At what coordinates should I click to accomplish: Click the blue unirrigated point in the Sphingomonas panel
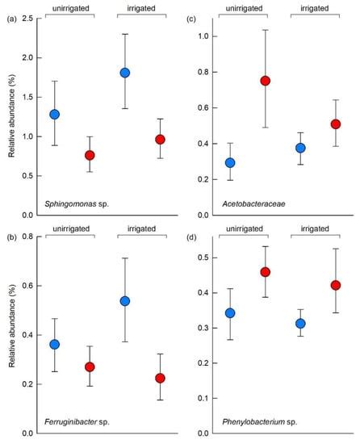(x=55, y=114)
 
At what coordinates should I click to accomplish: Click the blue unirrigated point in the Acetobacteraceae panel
(x=230, y=162)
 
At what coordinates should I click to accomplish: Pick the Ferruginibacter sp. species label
(x=73, y=422)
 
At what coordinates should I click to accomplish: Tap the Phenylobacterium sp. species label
(x=253, y=422)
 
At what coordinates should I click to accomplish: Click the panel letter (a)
(x=11, y=19)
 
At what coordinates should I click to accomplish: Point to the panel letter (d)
(x=190, y=237)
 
